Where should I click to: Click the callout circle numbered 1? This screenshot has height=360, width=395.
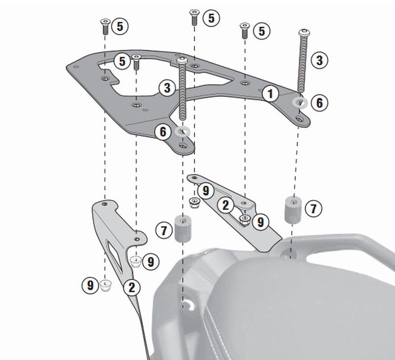tap(270, 93)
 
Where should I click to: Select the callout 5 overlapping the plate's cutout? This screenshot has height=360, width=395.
tap(122, 61)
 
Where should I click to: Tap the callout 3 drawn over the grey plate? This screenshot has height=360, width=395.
tap(167, 88)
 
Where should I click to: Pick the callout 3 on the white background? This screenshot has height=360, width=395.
tap(319, 60)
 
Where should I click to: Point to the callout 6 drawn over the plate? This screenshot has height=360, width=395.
tap(163, 131)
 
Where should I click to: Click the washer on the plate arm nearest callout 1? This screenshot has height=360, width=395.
tap(300, 102)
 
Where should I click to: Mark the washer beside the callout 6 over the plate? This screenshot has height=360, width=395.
tap(182, 131)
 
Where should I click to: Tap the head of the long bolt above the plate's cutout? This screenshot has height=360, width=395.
tap(182, 60)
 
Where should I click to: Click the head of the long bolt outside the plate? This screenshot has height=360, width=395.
tap(304, 33)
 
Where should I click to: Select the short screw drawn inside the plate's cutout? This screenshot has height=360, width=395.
tap(136, 62)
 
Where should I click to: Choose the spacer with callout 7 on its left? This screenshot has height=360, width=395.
tap(183, 229)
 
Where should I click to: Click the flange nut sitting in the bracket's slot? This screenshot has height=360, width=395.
tap(244, 220)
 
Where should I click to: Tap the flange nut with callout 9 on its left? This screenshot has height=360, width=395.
tap(106, 286)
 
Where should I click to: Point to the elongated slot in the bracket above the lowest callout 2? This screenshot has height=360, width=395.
tap(114, 256)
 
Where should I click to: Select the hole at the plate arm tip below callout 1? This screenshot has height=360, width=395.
tap(299, 119)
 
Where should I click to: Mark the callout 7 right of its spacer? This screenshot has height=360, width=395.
tap(314, 208)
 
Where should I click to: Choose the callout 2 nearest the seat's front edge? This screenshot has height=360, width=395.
tap(225, 205)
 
